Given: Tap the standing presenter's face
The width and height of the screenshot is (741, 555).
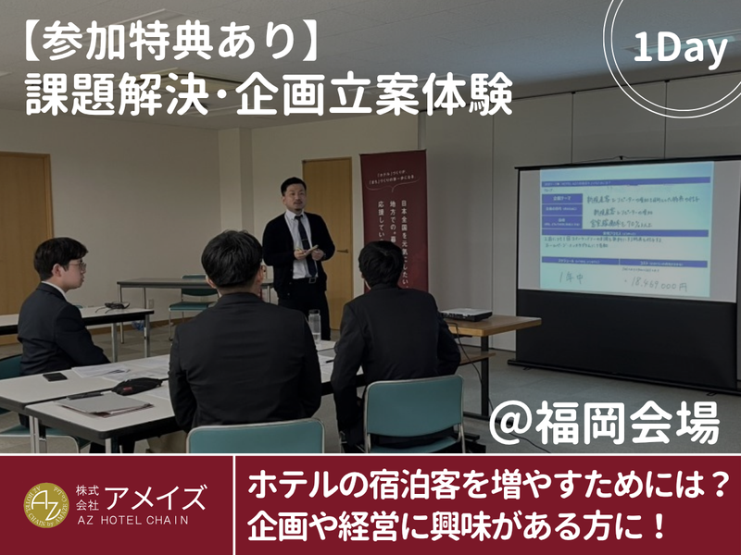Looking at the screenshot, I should pos(295,196).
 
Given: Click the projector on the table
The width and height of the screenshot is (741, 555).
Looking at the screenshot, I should pos(465,314).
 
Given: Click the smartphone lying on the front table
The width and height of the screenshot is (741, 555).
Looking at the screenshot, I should pos(55,376).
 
